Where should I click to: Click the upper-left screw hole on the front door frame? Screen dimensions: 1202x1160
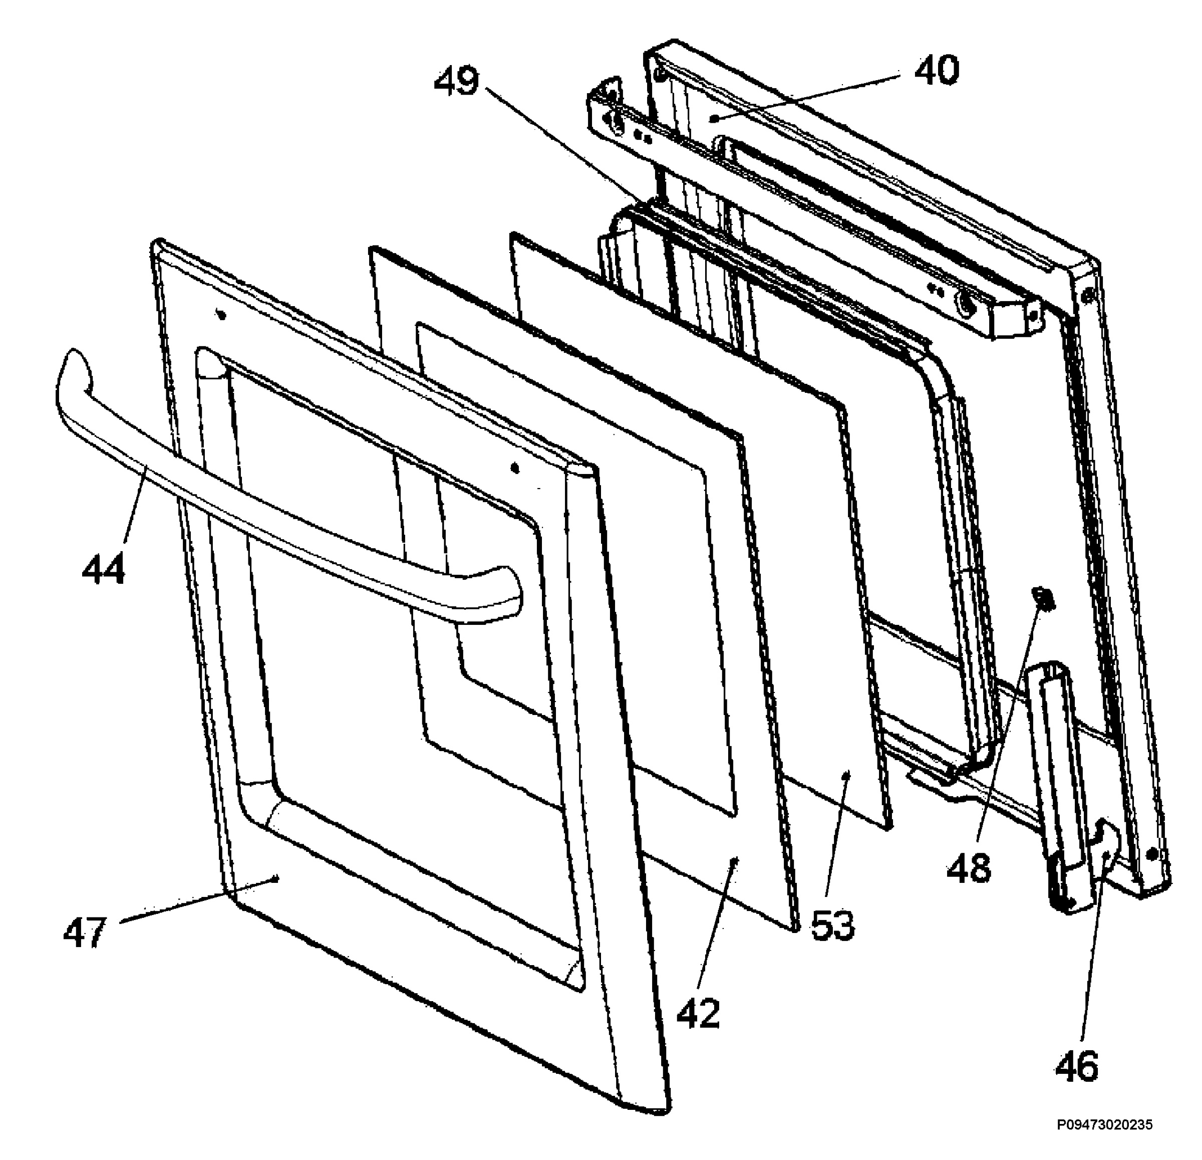click(221, 315)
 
